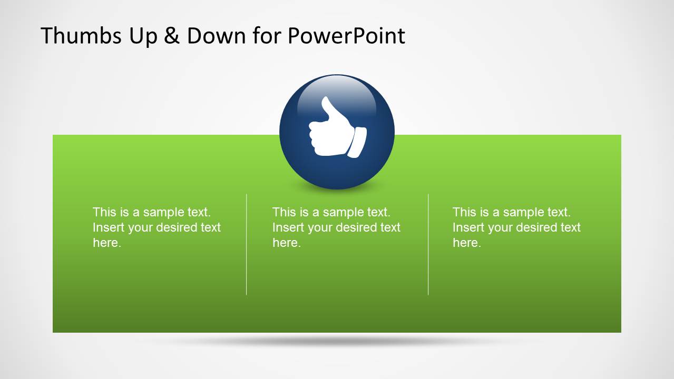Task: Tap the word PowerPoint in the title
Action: tap(346, 36)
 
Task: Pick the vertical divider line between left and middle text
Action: tap(246, 244)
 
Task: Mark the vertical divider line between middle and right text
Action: tap(428, 244)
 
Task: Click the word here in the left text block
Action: tap(106, 243)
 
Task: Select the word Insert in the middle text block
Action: tap(288, 227)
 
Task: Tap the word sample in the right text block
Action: tap(524, 212)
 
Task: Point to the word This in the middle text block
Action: tap(284, 212)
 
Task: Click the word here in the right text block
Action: tap(466, 243)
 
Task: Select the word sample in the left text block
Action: tap(164, 212)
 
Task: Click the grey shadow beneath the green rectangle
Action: tap(337, 341)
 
